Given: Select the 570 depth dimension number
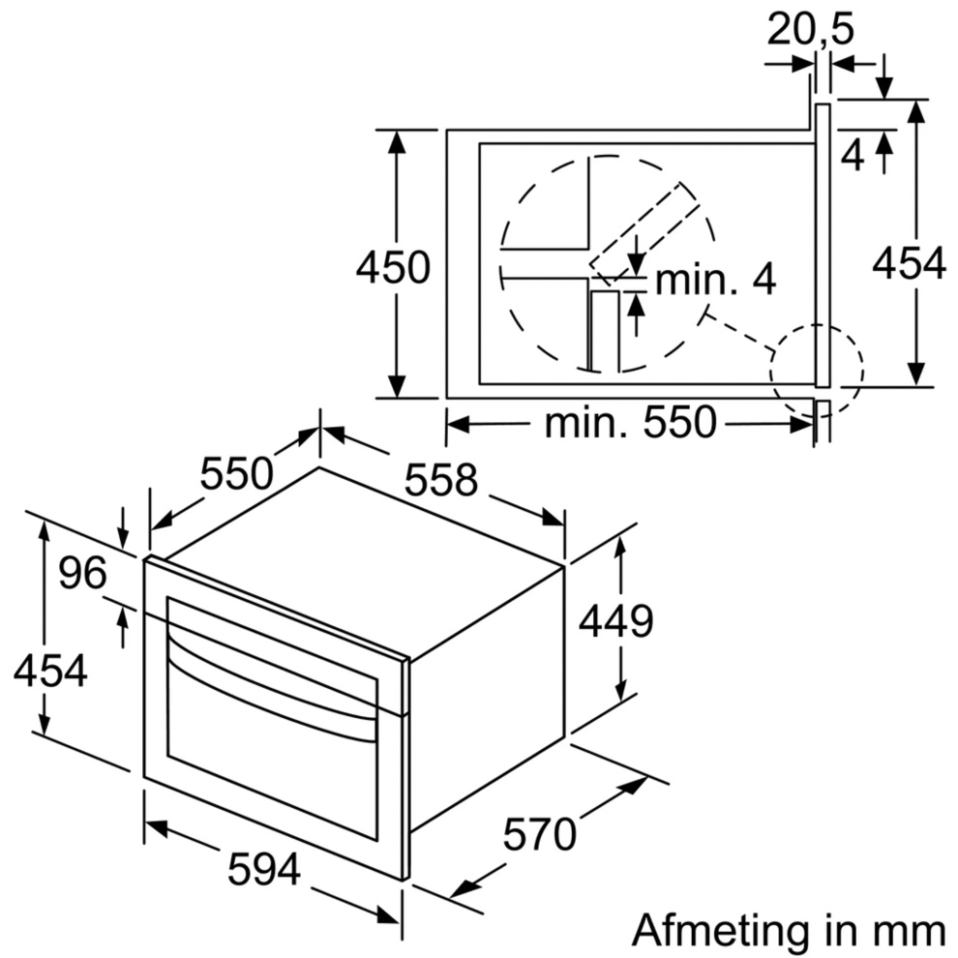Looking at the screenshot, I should coord(539,833).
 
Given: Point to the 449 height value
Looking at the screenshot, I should coord(615,622).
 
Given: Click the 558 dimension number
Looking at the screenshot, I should coord(441,480).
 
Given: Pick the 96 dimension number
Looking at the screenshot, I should coord(82,574).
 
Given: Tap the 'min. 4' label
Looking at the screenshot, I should coord(715,281).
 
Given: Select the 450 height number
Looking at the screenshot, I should coord(392,268).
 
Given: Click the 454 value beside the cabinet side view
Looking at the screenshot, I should coord(909,263).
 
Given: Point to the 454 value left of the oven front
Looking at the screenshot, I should coord(50,671).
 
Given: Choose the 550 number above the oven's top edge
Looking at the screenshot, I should coord(237,473).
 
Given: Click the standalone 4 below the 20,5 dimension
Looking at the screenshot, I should coord(852,155).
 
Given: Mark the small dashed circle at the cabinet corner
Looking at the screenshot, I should coord(816,371).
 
